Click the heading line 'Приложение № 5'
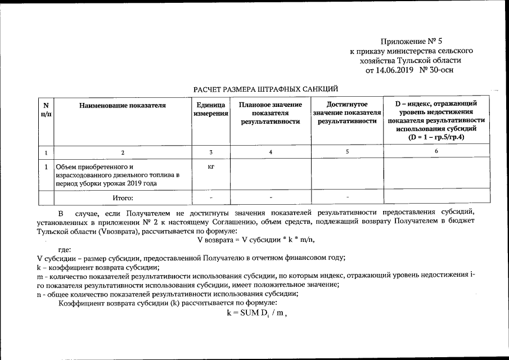[408, 41]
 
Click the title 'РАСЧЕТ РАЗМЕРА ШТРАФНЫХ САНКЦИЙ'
[265, 89]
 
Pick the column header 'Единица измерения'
[211, 109]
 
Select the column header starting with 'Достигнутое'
[347, 112]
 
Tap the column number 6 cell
[436, 151]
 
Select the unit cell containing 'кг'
[211, 167]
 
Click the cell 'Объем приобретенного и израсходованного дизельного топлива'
[116, 175]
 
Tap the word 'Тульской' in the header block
[415, 60]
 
